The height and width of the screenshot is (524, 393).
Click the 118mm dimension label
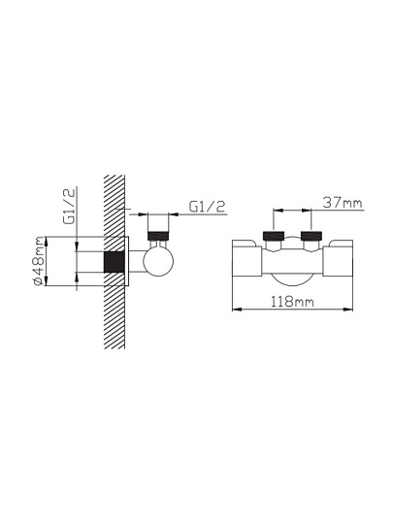pyautogui.click(x=292, y=302)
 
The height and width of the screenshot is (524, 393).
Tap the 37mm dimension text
pyautogui.click(x=343, y=203)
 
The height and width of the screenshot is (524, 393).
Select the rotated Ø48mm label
pyautogui.click(x=39, y=261)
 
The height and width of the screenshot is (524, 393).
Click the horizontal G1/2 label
pyautogui.click(x=207, y=207)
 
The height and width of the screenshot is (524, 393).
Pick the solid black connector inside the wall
pyautogui.click(x=115, y=262)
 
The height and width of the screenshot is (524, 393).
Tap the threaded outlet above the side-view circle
pyautogui.click(x=158, y=236)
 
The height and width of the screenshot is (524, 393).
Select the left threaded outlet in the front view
pyautogui.click(x=274, y=236)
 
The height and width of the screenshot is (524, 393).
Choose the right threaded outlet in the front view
pyautogui.click(x=311, y=236)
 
